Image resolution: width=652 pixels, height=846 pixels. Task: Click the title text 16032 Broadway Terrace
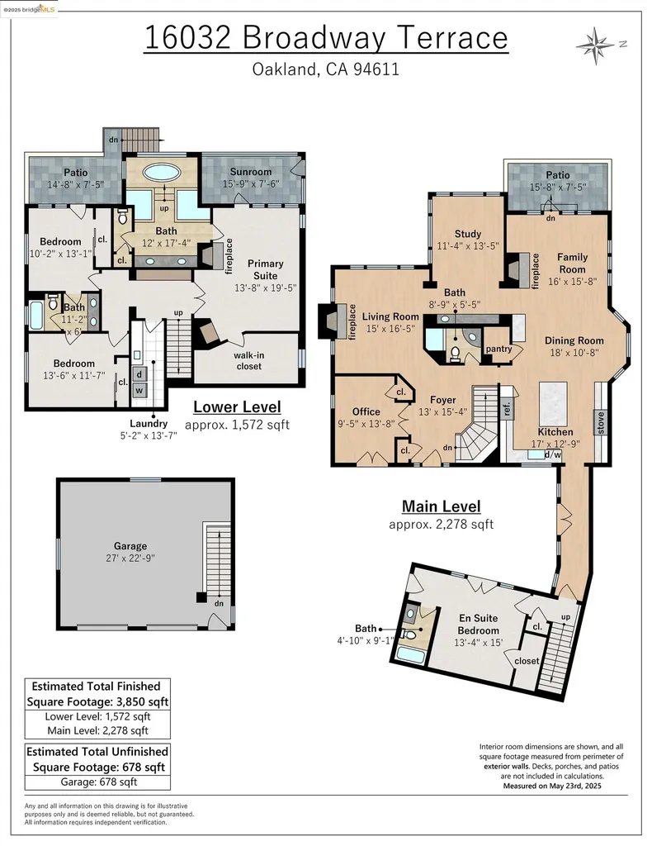(x=325, y=38)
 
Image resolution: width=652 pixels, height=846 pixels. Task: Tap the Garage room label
(x=130, y=546)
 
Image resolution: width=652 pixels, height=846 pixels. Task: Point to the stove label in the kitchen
(x=600, y=423)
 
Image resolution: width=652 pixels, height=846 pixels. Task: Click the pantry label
(x=499, y=349)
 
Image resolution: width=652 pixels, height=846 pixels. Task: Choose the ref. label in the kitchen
(x=507, y=408)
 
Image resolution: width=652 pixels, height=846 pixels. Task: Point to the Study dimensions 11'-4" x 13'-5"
(x=468, y=245)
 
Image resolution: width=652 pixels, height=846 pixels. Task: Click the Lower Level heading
(x=237, y=406)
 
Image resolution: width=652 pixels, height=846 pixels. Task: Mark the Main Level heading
(x=441, y=506)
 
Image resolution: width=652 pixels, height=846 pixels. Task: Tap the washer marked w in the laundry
(x=139, y=389)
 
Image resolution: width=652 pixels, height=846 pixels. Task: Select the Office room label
(x=366, y=411)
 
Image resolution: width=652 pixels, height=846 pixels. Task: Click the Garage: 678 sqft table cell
(x=99, y=782)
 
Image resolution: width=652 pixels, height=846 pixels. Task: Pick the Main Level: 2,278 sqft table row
(x=99, y=730)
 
